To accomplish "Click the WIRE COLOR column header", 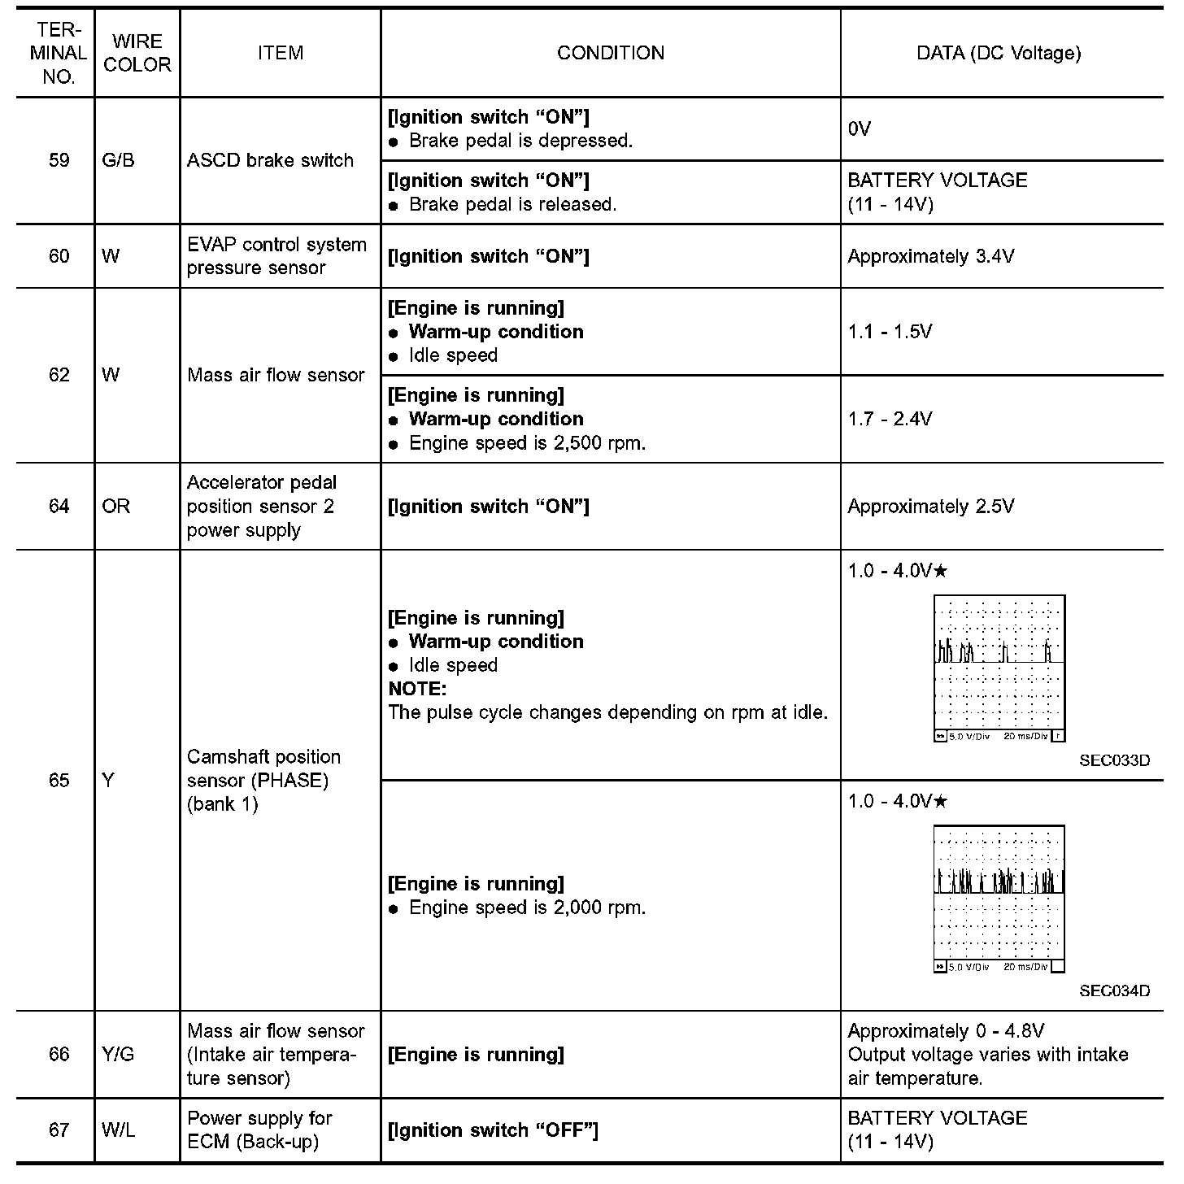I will [137, 54].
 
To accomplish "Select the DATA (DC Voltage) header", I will [999, 54].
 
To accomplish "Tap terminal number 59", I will [59, 160].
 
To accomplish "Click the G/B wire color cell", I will [119, 160].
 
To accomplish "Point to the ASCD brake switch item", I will [270, 160].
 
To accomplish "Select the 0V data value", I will [859, 128].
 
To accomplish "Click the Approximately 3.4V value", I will [930, 256].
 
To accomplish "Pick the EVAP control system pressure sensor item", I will [276, 256].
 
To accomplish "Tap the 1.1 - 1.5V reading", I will [890, 332].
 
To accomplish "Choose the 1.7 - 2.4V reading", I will [890, 419].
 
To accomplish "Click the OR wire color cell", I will [116, 507].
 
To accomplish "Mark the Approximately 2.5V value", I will [930, 507].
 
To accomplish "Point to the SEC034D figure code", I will [1114, 991].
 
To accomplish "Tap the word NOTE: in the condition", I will [417, 689].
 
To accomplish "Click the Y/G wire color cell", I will [119, 1055].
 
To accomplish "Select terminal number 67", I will [59, 1130].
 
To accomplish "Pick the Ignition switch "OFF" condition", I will [493, 1130].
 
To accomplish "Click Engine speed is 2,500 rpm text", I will [527, 443].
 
